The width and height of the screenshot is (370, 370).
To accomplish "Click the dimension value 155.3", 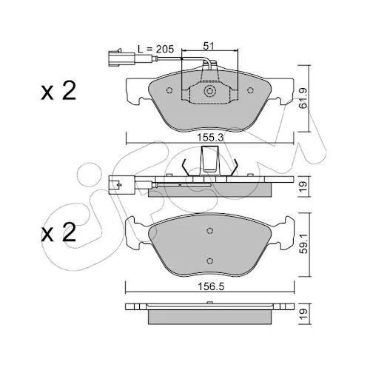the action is (210, 138).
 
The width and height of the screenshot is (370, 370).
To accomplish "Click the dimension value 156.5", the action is (211, 286).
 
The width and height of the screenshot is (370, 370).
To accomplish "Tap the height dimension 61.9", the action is (303, 98).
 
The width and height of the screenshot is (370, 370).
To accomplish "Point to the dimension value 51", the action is (208, 46).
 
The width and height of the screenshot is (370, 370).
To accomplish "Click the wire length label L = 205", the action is (155, 49).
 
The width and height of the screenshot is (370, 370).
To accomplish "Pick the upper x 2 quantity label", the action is (58, 91).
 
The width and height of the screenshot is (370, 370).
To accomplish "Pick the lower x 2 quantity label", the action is (58, 232).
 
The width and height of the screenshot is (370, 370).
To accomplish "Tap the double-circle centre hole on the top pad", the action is (209, 91).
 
